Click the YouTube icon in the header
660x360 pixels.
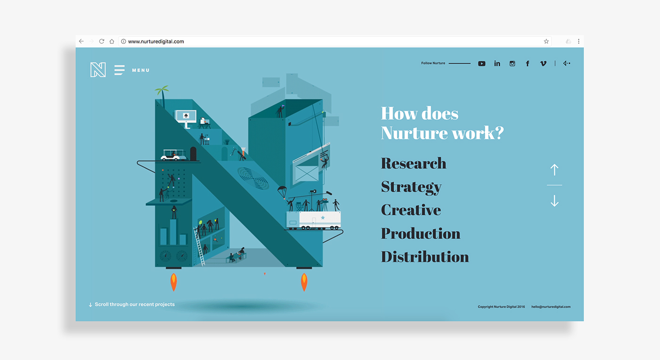(482, 63)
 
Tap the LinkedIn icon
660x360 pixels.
(497, 63)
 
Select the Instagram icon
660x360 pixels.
(512, 63)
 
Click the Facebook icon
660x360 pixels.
(528, 63)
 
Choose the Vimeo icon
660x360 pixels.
(543, 63)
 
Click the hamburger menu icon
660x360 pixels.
(119, 70)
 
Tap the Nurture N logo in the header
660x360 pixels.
(98, 70)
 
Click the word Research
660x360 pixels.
(413, 163)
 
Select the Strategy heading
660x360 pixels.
(411, 187)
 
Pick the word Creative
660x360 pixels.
(411, 210)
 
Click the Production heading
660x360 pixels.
(421, 233)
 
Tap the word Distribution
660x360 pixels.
(425, 257)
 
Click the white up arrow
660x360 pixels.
(554, 170)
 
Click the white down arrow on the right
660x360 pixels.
(554, 201)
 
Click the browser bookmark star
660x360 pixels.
(546, 41)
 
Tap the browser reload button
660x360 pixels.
(102, 41)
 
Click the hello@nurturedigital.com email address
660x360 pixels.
(551, 307)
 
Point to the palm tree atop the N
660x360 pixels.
(162, 94)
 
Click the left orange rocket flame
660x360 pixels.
(174, 282)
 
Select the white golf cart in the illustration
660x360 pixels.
(174, 155)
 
